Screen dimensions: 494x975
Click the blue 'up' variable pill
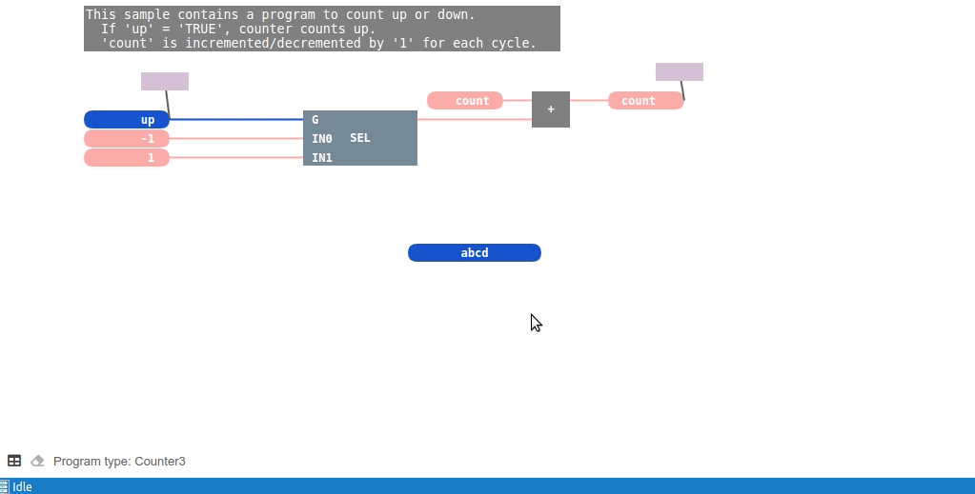pyautogui.click(x=127, y=120)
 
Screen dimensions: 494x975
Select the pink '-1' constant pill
pyautogui.click(x=127, y=139)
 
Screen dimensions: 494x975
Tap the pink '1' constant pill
pyautogui.click(x=127, y=158)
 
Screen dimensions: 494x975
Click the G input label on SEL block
pyautogui.click(x=315, y=120)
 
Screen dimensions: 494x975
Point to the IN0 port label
pyautogui.click(x=322, y=139)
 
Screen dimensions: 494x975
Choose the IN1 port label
pyautogui.click(x=322, y=158)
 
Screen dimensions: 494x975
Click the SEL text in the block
pyautogui.click(x=360, y=138)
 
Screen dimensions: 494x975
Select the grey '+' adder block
pyautogui.click(x=551, y=109)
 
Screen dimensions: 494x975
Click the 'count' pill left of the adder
pyautogui.click(x=465, y=101)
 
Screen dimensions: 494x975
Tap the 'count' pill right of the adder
pyautogui.click(x=646, y=101)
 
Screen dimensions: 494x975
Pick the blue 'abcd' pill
pyautogui.click(x=475, y=253)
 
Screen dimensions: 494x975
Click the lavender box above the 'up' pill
pyautogui.click(x=165, y=82)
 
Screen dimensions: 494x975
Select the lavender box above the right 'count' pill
pyautogui.click(x=680, y=72)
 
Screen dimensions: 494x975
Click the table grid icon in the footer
pyautogui.click(x=14, y=461)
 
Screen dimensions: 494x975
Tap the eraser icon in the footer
pyautogui.click(x=37, y=461)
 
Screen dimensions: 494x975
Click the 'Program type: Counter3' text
pyautogui.click(x=119, y=462)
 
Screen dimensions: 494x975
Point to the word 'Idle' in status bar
pyautogui.click(x=22, y=487)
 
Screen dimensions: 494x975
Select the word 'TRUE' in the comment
pyautogui.click(x=201, y=29)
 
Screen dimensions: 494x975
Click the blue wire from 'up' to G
pyautogui.click(x=236, y=120)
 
